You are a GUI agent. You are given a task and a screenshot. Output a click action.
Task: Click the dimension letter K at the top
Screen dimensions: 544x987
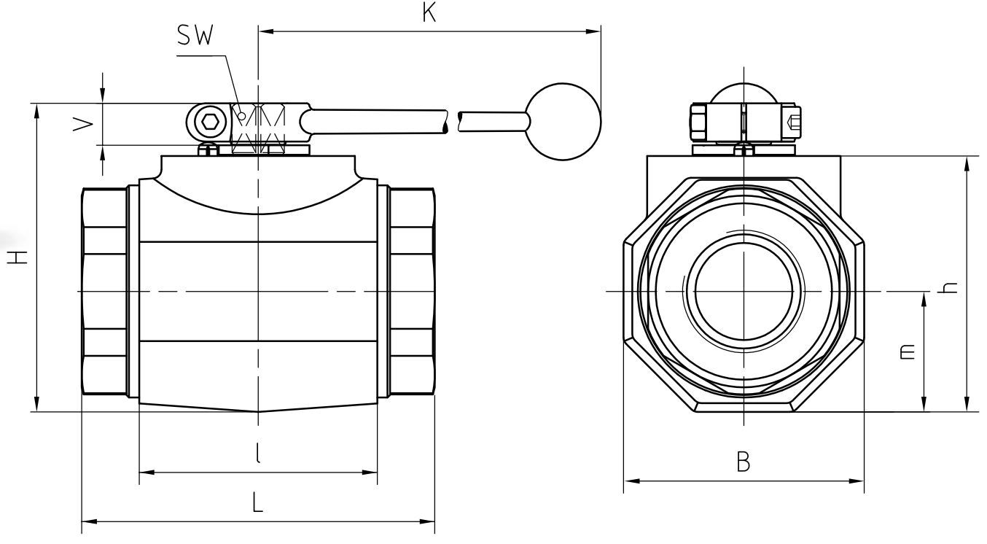(429, 12)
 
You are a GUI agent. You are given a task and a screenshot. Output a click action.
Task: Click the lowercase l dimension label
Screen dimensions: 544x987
(258, 454)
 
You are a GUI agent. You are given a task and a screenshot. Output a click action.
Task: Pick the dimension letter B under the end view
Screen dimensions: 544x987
(743, 461)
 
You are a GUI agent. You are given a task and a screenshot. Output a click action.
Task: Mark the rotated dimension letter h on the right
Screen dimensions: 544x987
(948, 286)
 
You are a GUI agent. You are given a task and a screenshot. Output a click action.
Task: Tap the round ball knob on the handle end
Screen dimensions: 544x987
(563, 121)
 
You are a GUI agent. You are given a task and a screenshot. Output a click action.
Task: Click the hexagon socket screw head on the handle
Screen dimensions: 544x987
(210, 122)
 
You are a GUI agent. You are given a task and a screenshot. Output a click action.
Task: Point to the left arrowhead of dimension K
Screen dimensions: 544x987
(265, 31)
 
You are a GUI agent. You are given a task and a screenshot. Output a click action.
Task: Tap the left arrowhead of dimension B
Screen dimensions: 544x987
(630, 481)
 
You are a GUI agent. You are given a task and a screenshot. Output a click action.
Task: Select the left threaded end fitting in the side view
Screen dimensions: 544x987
(105, 291)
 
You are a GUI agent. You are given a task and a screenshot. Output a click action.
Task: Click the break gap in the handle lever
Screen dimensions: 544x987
(452, 122)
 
